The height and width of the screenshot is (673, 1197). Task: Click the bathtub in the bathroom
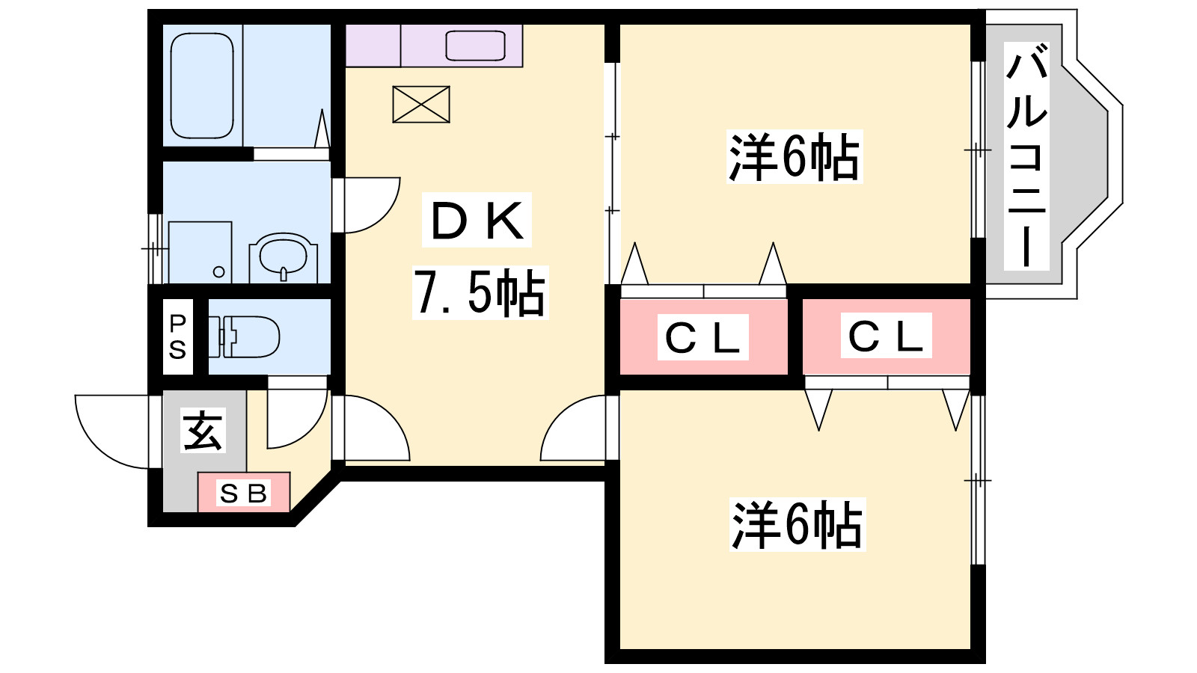click(x=202, y=85)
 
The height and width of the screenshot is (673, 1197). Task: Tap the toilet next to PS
click(x=244, y=336)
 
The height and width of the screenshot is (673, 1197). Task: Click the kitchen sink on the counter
click(x=475, y=46)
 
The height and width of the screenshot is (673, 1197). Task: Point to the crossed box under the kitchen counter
click(x=421, y=104)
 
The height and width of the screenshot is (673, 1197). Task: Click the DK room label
click(x=477, y=220)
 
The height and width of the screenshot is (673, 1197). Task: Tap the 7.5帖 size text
click(x=480, y=292)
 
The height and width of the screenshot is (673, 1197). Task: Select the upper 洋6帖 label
click(x=794, y=156)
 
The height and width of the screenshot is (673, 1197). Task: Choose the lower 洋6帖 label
click(x=798, y=524)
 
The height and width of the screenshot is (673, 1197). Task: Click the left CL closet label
click(x=702, y=337)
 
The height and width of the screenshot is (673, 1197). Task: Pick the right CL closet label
click(x=886, y=336)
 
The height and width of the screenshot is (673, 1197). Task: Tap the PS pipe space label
click(x=177, y=336)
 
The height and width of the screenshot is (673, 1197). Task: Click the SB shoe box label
click(x=243, y=494)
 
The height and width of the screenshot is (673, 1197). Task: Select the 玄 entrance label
click(x=203, y=430)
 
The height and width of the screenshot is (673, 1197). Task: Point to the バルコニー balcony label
click(x=1026, y=156)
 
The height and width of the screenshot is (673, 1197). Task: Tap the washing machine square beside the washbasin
click(x=200, y=253)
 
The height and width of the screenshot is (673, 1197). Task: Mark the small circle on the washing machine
click(x=218, y=272)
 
